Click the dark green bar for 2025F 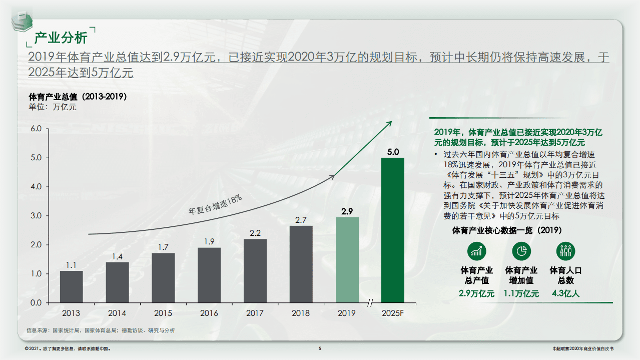coord(392,230)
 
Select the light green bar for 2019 coord(347,260)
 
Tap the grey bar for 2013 coord(71,286)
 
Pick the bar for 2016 coord(209,275)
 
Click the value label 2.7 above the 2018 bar coord(301,220)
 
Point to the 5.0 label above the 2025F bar coord(392,152)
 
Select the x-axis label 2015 coord(163,313)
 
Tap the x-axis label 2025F coord(392,313)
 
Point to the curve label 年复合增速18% coord(215,205)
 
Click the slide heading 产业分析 coord(61,38)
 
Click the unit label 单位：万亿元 coord(52,107)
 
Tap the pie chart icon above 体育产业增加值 coord(521,251)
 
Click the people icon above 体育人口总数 coord(565,251)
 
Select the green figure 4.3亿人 coord(565,293)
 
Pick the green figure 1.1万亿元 coord(521,293)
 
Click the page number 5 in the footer coord(320,348)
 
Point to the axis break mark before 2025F coord(371,303)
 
